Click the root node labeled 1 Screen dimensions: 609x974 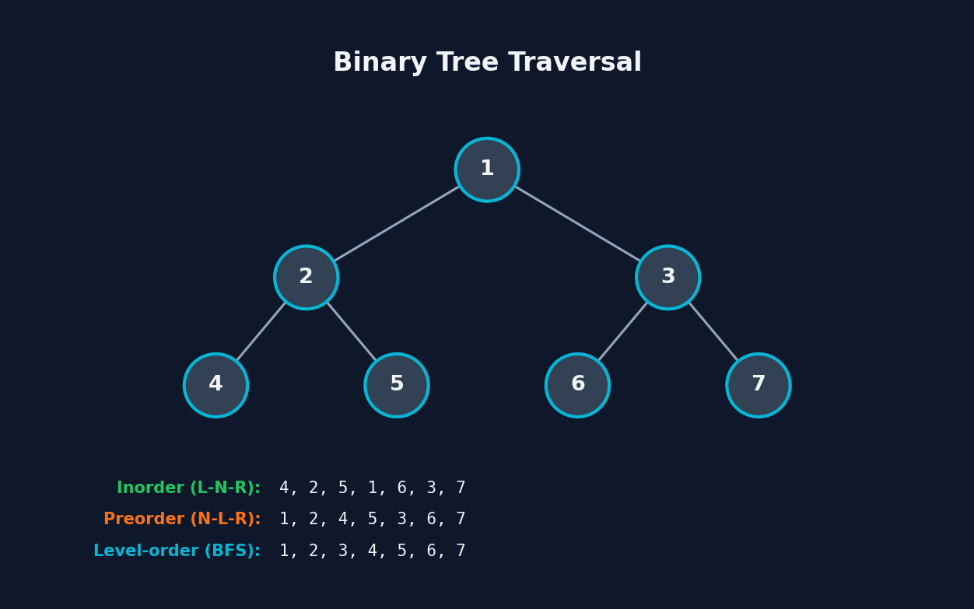click(487, 170)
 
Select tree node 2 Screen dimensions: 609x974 click(307, 278)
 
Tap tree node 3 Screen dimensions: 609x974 click(668, 278)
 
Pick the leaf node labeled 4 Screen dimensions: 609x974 click(216, 385)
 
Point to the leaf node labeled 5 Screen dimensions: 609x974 click(397, 385)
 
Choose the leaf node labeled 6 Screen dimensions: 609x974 click(578, 385)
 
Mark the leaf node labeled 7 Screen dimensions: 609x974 click(759, 385)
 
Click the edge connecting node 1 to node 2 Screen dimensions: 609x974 click(397, 224)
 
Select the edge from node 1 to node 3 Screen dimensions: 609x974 click(577, 224)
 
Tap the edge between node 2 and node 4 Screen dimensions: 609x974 click(261, 331)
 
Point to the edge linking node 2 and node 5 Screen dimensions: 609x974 click(352, 331)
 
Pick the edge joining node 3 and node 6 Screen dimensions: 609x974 click(623, 331)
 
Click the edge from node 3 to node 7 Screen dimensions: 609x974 click(713, 331)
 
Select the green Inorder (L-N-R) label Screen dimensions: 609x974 click(188, 488)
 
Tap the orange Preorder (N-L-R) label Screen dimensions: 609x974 click(182, 520)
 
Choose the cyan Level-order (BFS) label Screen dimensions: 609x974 click(177, 551)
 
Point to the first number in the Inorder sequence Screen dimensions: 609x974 click(284, 488)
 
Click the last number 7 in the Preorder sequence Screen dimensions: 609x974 click(461, 520)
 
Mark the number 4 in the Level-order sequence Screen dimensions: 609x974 click(373, 551)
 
